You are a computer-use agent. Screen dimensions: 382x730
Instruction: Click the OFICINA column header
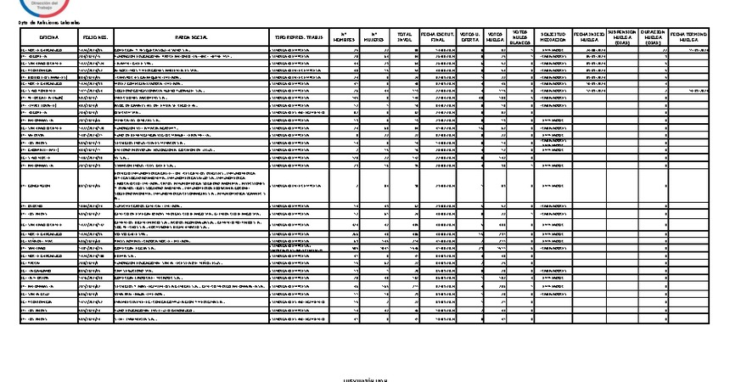coord(48,38)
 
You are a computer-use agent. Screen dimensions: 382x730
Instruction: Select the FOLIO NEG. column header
coord(94,38)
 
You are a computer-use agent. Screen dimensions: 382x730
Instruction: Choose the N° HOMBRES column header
coord(344,37)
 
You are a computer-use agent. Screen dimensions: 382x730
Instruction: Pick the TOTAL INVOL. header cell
coord(404,37)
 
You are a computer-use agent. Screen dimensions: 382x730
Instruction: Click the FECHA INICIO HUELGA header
coord(591,37)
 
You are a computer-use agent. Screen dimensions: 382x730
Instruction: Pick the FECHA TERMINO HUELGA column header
coord(688,37)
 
